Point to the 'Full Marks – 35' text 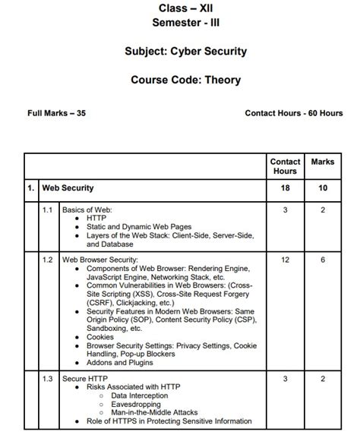point(56,113)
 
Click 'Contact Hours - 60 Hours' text point(293,113)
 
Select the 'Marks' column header point(328,162)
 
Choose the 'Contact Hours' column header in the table point(285,166)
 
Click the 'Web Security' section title point(68,187)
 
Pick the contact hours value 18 point(285,187)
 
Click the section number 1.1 point(47,210)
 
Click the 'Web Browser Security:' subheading point(99,259)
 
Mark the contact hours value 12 point(285,259)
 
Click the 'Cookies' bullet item point(101,336)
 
